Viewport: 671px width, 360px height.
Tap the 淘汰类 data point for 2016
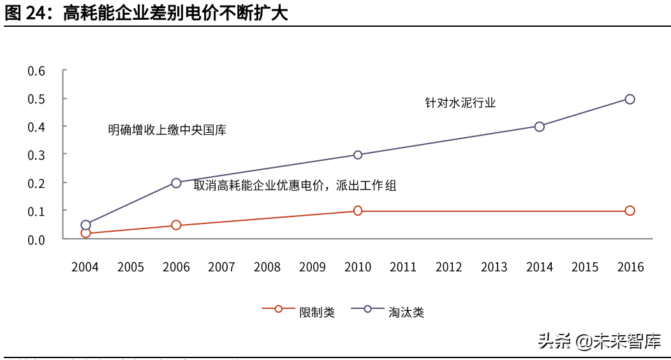[x=630, y=99]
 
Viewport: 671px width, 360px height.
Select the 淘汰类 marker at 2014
[x=539, y=126]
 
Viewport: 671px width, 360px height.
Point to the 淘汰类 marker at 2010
[x=358, y=154]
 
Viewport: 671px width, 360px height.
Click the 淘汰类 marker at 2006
[x=176, y=183]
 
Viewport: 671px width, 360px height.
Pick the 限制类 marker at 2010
[x=358, y=211]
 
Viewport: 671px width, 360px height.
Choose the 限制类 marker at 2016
[x=630, y=211]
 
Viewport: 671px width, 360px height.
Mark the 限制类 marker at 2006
[x=176, y=225]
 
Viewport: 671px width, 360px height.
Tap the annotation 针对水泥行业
[x=460, y=102]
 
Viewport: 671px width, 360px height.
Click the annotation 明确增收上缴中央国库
[x=167, y=130]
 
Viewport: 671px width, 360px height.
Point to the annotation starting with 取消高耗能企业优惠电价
[x=295, y=186]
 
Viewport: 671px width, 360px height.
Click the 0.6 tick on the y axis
[x=36, y=71]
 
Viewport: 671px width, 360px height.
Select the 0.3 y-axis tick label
[x=36, y=154]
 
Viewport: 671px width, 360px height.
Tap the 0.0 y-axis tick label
[x=36, y=239]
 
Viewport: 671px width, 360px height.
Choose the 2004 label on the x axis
[x=85, y=267]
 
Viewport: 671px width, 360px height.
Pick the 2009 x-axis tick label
[x=312, y=267]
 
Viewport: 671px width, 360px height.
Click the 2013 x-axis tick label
[x=494, y=267]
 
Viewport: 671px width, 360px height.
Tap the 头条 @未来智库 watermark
[x=599, y=341]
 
